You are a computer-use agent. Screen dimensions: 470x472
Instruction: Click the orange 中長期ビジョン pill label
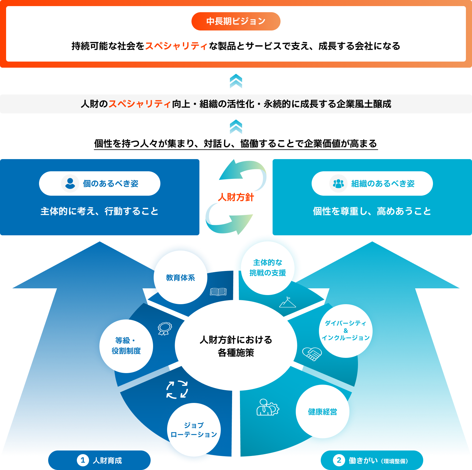(x=236, y=21)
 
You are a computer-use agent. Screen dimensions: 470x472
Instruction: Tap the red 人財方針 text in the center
(x=236, y=197)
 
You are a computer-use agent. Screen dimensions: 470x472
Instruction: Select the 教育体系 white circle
(x=181, y=277)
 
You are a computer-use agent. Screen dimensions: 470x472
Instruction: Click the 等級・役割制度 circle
(x=126, y=346)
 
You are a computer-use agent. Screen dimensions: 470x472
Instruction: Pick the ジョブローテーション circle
(x=194, y=430)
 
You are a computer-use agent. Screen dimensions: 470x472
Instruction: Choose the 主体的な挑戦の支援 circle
(x=268, y=268)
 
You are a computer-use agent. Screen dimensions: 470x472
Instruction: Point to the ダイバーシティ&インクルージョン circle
(x=346, y=331)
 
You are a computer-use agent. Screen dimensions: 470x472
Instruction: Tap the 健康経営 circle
(x=323, y=411)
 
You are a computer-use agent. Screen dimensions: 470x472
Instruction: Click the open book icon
(x=218, y=292)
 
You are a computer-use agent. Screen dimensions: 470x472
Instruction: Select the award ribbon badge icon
(x=165, y=329)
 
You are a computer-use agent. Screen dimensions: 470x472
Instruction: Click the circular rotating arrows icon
(x=177, y=390)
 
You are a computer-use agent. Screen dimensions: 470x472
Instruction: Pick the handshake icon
(x=312, y=354)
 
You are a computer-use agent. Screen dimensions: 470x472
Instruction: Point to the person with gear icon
(x=267, y=408)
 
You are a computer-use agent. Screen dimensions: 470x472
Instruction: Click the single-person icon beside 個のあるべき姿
(x=70, y=183)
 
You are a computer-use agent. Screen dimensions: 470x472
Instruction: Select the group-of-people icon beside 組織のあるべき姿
(x=338, y=183)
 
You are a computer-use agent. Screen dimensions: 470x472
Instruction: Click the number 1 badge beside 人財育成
(x=83, y=460)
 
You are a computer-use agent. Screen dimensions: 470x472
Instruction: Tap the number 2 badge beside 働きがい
(x=339, y=460)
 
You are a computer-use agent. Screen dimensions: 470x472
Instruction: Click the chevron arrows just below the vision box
(x=236, y=81)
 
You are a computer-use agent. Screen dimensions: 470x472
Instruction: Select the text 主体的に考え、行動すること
(x=99, y=211)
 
